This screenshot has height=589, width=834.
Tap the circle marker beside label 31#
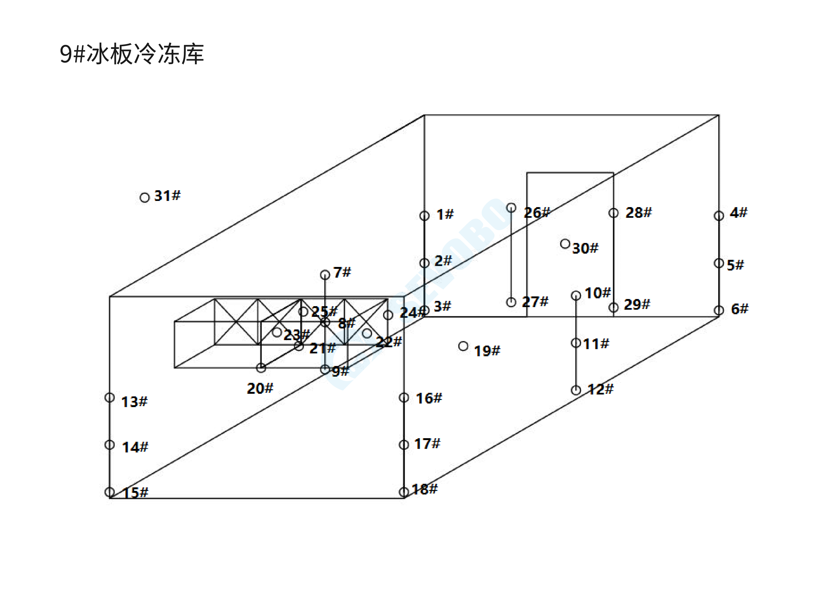click(145, 197)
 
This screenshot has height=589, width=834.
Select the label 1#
click(445, 214)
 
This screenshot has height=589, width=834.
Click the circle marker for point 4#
click(718, 216)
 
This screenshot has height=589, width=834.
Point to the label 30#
click(585, 248)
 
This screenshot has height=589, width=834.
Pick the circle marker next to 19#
click(463, 346)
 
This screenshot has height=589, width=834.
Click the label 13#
click(134, 402)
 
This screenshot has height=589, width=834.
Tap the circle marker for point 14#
click(110, 445)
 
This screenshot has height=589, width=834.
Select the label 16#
click(429, 398)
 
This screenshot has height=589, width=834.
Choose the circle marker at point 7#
click(325, 275)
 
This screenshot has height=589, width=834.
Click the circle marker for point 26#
click(511, 208)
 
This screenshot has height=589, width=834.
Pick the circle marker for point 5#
click(718, 263)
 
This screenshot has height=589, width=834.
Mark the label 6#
click(740, 309)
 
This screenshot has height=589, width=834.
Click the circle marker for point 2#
click(424, 263)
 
